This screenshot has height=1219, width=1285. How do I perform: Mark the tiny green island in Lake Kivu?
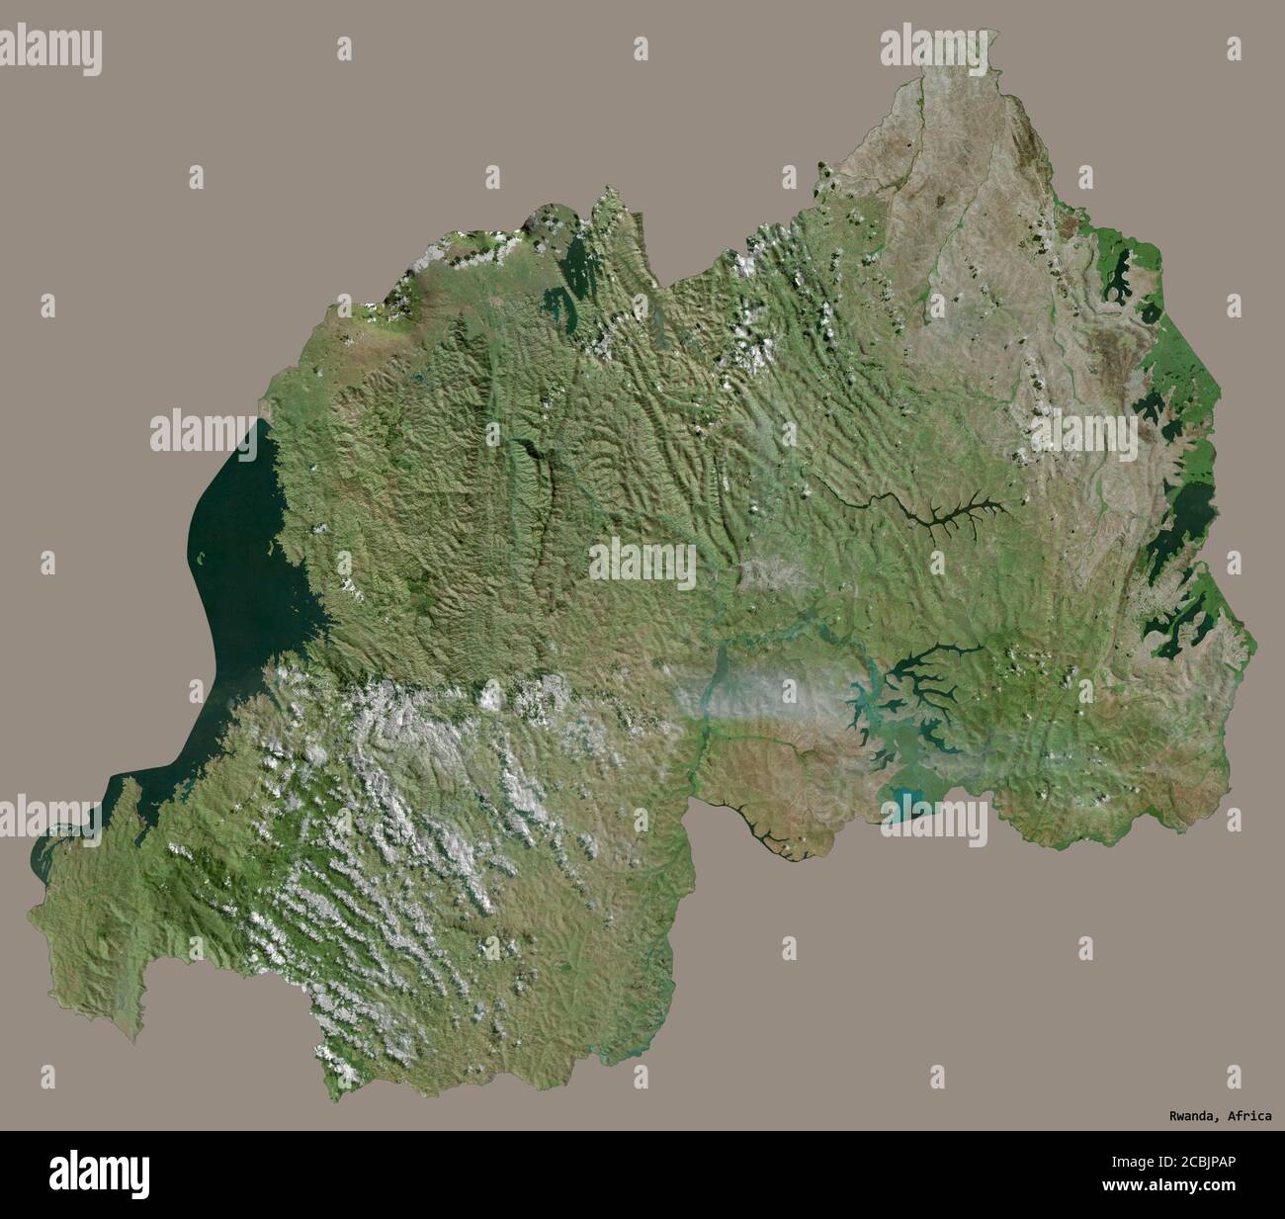tap(203, 561)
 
